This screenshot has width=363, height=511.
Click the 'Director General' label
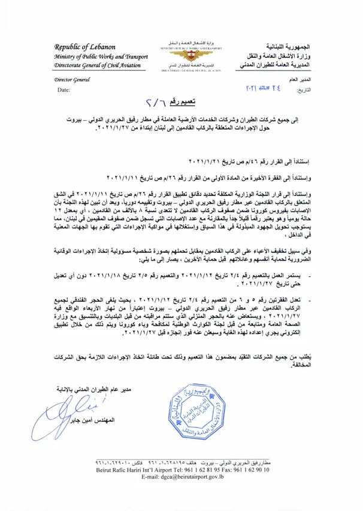(71, 79)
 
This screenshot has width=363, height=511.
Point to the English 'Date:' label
(63, 90)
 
